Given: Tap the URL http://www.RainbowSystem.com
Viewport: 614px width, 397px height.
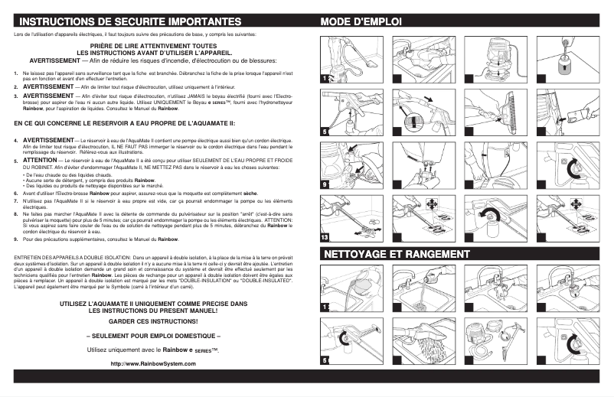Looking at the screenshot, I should click(153, 363).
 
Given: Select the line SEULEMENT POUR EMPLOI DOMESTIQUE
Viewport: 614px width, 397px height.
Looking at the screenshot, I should click(153, 335).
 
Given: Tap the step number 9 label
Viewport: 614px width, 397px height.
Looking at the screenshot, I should click(325, 184).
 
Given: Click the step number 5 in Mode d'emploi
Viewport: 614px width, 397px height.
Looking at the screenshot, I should click(325, 132).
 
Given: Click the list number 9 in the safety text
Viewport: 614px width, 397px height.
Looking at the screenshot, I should click(16, 239).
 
